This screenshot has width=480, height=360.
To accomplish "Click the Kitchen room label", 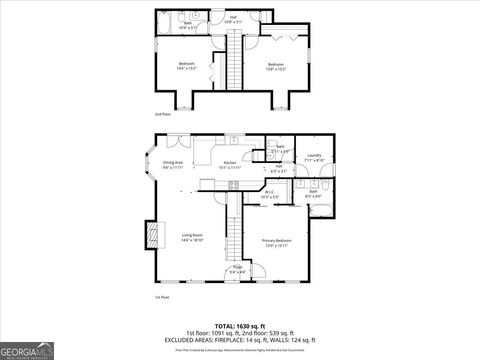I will pos(229,163).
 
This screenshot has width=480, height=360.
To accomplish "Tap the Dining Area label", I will pos(172,164).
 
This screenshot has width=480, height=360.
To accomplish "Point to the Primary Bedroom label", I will pos(277,243).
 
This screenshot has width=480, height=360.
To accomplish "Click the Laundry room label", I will pos(313,156).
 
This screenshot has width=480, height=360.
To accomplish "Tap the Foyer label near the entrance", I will pos(237,269).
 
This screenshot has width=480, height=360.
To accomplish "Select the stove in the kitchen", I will pos(233,183).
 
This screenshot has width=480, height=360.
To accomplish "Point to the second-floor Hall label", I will pos(233,17).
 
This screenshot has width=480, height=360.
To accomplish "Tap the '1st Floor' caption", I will pos(160,298).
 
